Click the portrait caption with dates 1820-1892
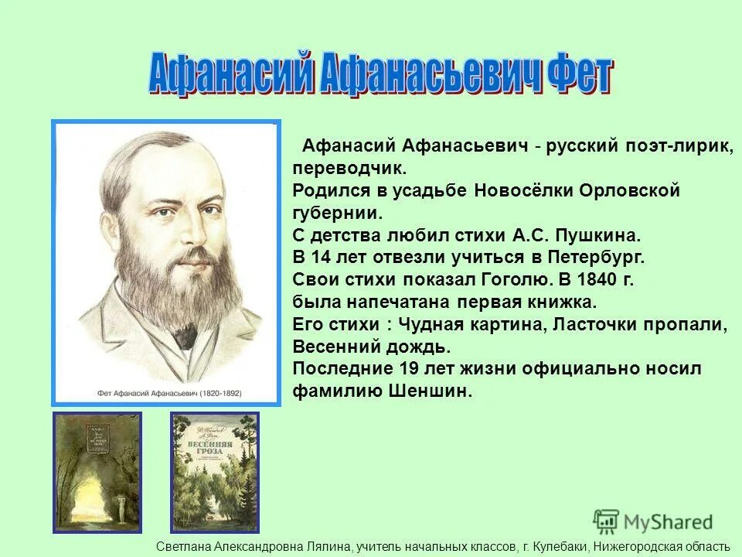click(166, 393)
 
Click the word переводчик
click(349, 167)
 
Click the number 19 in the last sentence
click(410, 369)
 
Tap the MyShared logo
click(653, 521)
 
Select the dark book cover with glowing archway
click(97, 472)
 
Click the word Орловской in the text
click(635, 190)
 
